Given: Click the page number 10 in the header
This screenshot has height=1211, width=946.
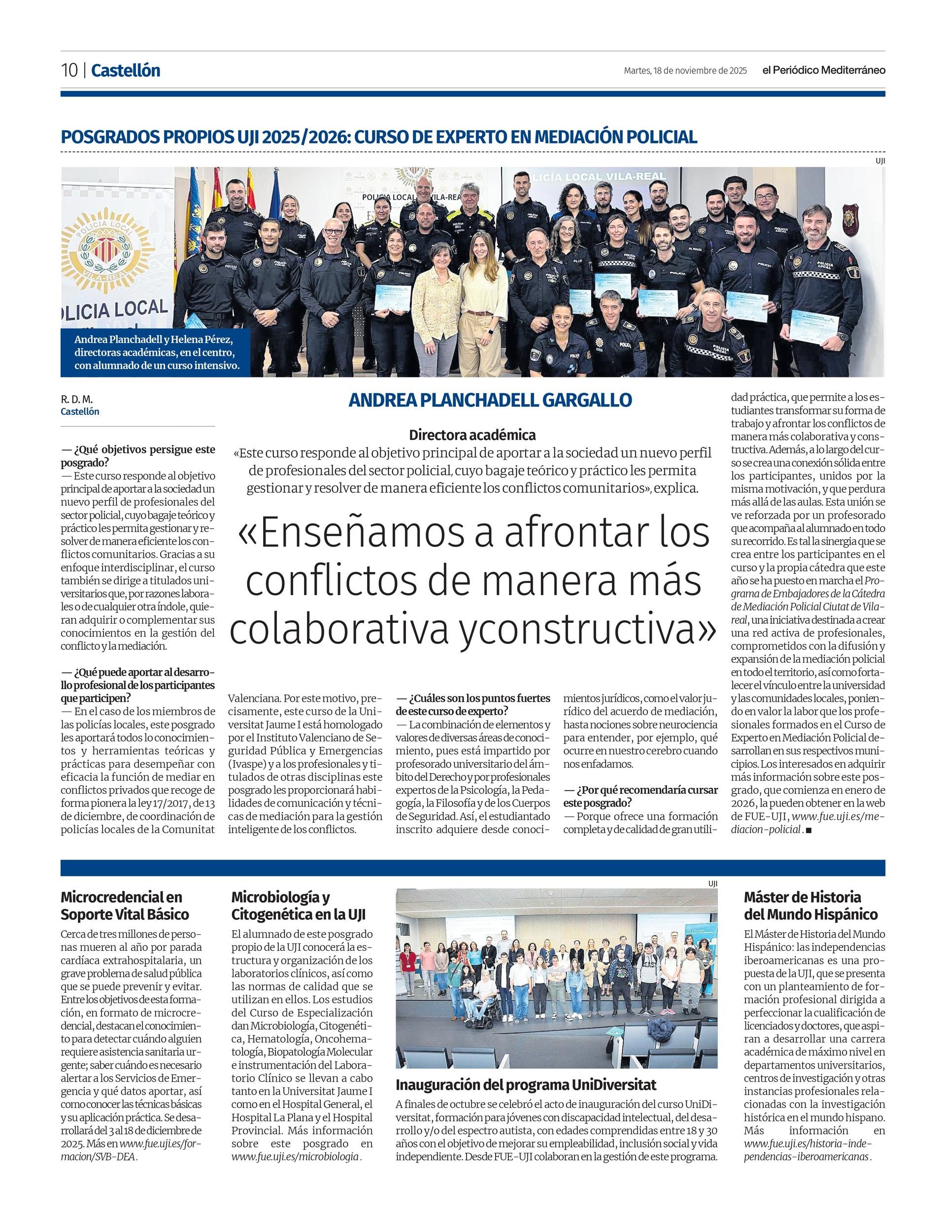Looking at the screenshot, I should (x=69, y=70).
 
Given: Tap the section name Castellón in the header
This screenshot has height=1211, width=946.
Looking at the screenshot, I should (x=125, y=70).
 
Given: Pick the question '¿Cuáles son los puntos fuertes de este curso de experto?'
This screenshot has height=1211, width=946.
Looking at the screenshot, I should (x=473, y=704).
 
